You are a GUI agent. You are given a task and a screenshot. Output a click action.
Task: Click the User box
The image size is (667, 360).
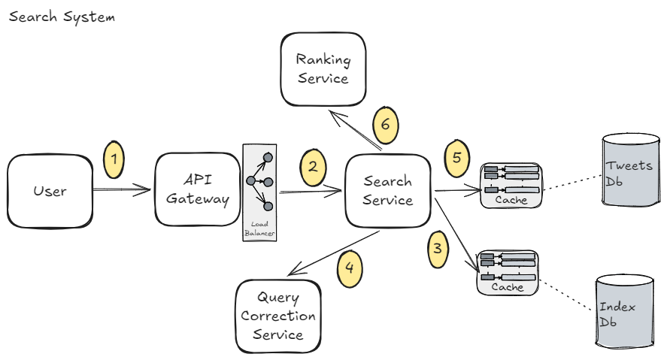click(x=50, y=191)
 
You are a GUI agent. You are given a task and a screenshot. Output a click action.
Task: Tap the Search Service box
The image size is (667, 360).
click(x=388, y=191)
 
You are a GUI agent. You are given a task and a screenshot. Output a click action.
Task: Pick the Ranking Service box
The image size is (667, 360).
click(x=323, y=68)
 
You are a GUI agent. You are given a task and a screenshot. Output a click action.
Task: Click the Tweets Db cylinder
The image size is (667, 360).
click(x=629, y=171)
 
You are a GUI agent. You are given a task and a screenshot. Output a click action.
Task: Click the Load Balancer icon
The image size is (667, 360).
click(x=259, y=192)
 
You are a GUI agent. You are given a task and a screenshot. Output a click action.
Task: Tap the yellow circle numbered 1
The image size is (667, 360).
click(x=114, y=159)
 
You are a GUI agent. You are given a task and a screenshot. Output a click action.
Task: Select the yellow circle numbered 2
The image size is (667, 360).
click(x=314, y=167)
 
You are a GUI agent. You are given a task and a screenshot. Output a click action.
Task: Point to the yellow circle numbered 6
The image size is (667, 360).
click(x=385, y=125)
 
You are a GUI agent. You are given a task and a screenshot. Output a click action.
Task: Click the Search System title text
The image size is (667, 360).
click(x=62, y=17)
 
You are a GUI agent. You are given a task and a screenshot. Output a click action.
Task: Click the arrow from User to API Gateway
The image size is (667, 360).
click(x=122, y=191)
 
